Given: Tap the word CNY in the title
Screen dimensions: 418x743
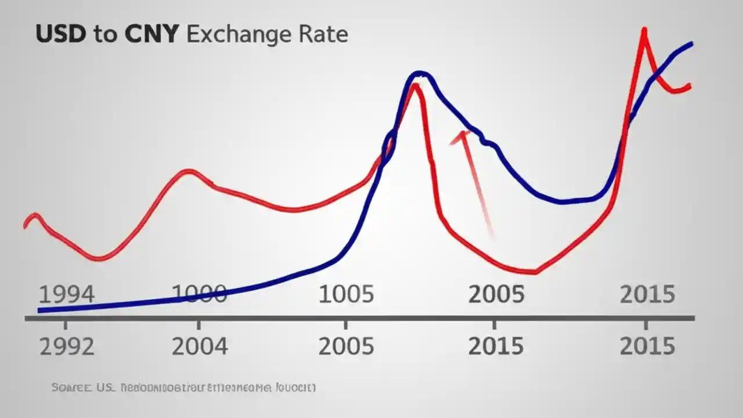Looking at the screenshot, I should pos(150,34).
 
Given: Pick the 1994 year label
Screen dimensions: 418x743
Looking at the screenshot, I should pos(66,295).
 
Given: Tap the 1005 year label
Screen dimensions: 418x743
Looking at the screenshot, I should pos(347,295).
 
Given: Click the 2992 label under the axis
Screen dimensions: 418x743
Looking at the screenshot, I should pos(67,347).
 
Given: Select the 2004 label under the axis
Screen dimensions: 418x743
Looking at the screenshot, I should pos(200,347).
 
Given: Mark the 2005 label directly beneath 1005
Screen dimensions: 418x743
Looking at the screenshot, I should pos(347,347).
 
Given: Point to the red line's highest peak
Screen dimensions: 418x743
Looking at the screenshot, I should pos(644,29).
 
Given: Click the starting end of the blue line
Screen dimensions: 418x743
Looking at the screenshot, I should pos(39,310).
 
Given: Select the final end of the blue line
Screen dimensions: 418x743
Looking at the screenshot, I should pos(691,43).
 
